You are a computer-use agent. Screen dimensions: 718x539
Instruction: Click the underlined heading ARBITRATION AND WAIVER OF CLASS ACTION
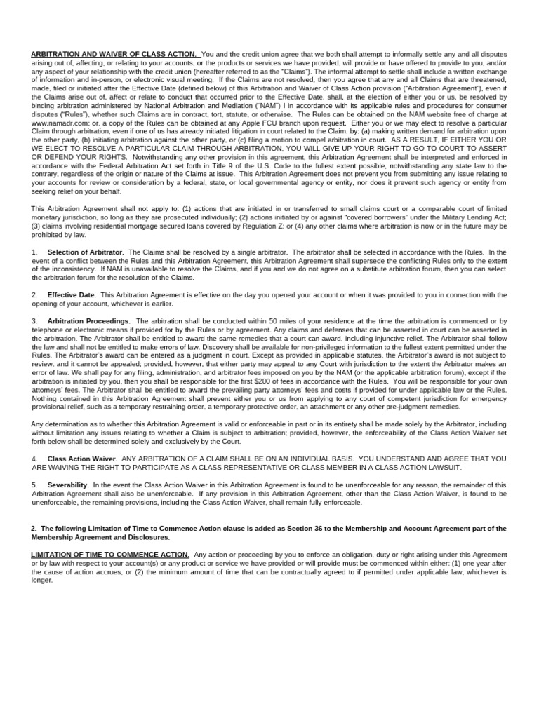pyautogui.click(x=114, y=54)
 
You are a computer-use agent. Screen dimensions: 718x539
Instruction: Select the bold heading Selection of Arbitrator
pyautogui.click(x=85, y=252)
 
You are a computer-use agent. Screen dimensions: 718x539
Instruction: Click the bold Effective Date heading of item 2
pyautogui.click(x=71, y=295)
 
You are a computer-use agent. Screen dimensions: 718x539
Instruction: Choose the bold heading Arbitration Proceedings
pyautogui.click(x=88, y=321)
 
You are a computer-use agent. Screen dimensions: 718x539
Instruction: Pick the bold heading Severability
pyautogui.click(x=67, y=485)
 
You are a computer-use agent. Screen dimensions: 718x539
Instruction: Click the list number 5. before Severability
pyautogui.click(x=34, y=485)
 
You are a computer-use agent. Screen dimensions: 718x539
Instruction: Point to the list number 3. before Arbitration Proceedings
pyautogui.click(x=34, y=321)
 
